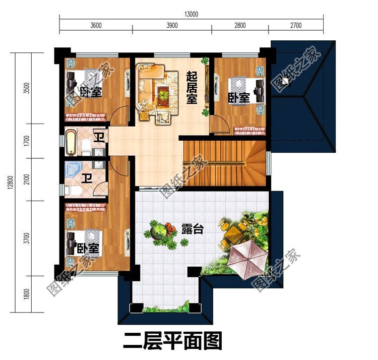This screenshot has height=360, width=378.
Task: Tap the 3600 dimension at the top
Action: [96, 26]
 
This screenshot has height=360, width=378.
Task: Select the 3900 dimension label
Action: [172, 26]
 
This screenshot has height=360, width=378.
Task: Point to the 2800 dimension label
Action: [239, 26]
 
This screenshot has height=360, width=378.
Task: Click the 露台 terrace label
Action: [192, 229]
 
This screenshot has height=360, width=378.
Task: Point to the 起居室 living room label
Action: [192, 86]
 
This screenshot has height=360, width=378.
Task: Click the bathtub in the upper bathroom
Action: [71, 142]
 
